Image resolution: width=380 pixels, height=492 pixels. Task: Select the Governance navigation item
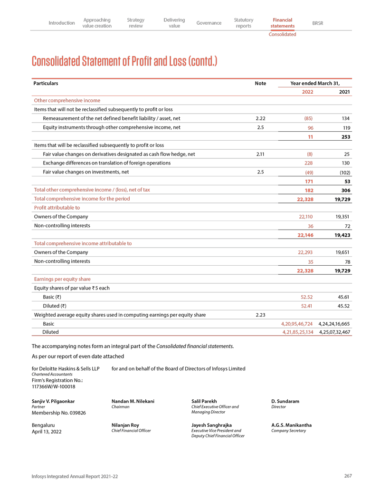coord(209,23)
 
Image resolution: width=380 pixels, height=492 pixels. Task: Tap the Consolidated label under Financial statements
coord(282,34)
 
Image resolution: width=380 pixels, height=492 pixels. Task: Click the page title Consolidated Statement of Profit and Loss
coord(124,61)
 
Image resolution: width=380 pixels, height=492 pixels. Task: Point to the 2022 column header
coord(307,92)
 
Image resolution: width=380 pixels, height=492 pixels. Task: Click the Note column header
coord(260,83)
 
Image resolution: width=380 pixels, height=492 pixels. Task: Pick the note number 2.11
coord(260,154)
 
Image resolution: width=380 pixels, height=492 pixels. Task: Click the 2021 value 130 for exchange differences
coord(345,163)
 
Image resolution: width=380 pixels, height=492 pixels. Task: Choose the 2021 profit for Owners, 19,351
coord(342,217)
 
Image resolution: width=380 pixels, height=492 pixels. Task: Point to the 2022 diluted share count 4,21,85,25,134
coord(295,332)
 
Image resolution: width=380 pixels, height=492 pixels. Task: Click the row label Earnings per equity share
coord(62,279)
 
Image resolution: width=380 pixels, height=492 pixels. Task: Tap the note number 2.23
coord(260,314)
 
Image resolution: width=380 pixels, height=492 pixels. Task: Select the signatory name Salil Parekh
coord(203,402)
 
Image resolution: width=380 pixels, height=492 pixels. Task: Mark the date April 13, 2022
coord(47,432)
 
